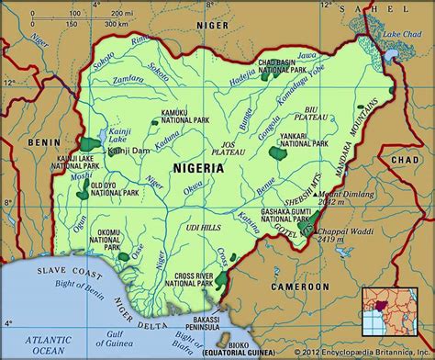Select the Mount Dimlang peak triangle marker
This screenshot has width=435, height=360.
316,194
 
